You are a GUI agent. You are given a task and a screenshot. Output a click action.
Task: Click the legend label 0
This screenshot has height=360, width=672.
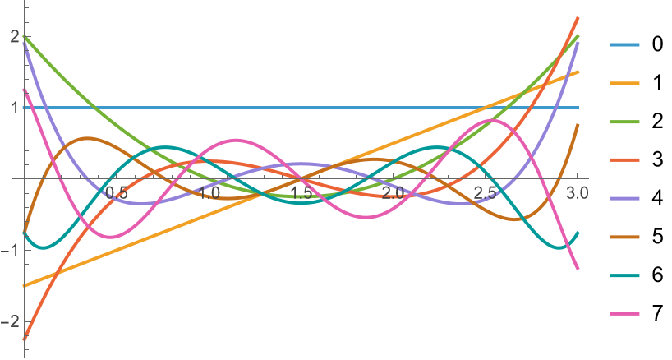[x=657, y=44]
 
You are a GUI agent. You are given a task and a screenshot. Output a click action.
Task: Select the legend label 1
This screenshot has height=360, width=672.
[x=657, y=83]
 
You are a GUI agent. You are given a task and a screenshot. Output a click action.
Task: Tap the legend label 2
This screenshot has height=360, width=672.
[x=657, y=122]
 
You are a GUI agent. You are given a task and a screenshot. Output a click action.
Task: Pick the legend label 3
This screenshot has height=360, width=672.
[x=657, y=159]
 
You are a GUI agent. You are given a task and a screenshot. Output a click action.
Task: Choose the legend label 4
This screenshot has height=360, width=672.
[x=657, y=198]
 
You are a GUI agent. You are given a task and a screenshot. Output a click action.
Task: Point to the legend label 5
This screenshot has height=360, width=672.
[x=657, y=237]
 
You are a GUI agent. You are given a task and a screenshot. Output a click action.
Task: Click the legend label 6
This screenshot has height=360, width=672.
[x=657, y=275]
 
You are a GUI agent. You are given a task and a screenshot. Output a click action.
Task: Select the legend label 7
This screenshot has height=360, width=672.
[x=657, y=313]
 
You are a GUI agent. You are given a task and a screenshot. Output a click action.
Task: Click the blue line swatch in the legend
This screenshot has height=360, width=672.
[x=624, y=44]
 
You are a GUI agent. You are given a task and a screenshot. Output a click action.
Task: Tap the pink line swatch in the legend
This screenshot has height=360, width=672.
[x=624, y=314]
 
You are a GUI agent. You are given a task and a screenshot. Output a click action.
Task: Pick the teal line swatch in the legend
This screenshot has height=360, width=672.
[x=624, y=275]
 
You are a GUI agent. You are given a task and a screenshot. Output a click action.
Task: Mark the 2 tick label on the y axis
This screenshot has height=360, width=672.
[x=15, y=37]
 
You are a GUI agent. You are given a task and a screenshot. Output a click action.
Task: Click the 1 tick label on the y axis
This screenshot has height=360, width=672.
[x=15, y=108]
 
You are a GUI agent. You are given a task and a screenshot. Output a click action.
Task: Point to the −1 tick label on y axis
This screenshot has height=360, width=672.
[x=11, y=251]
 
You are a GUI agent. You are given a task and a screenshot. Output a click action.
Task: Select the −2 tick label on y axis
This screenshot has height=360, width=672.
[x=11, y=321]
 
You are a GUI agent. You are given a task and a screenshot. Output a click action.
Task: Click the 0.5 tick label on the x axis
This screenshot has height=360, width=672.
[x=117, y=193]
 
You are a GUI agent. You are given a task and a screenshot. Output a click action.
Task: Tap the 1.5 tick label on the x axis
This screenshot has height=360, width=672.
[x=301, y=193]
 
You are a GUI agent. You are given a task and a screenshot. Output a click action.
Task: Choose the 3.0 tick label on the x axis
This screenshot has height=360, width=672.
[x=578, y=193]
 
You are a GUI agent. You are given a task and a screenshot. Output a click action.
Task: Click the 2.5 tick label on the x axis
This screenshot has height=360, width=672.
[x=486, y=193]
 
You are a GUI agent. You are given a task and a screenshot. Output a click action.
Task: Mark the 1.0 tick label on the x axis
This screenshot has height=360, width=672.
[x=209, y=193]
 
